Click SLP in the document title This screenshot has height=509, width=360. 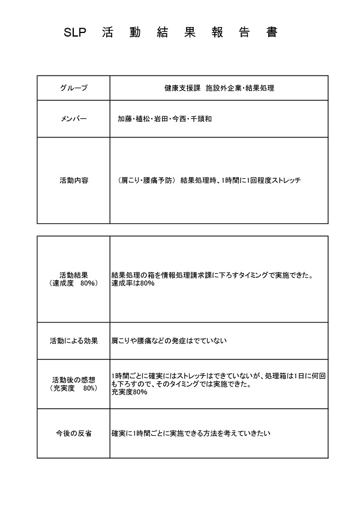[76, 34]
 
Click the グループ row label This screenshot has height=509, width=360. [73, 88]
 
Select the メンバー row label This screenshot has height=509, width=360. [73, 119]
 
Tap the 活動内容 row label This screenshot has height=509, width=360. [73, 180]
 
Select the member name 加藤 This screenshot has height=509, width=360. [125, 119]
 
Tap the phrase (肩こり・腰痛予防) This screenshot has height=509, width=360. [146, 180]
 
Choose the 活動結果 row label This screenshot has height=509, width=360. [73, 275]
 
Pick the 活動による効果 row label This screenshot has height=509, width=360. [73, 340]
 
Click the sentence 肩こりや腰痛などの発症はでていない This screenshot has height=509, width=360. [169, 340]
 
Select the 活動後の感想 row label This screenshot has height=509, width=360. [73, 380]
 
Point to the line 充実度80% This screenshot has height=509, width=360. [128, 392]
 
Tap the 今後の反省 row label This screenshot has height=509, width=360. [73, 433]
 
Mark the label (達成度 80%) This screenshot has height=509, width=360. [73, 283]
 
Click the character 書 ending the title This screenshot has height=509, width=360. [272, 34]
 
